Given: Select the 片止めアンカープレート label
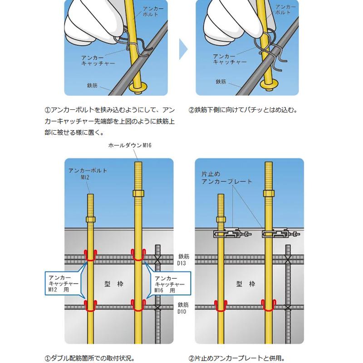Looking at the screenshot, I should (226, 177).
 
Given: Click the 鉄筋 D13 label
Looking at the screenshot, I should (183, 260).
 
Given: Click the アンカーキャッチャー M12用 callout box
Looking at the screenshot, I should (64, 283).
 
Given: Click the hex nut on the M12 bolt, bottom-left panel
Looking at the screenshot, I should (90, 219).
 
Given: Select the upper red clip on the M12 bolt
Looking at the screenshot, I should (90, 255).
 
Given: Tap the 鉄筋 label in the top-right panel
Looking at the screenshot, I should (221, 81).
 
